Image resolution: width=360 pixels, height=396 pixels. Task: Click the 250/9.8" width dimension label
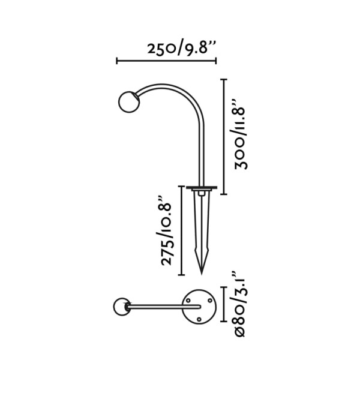tap(182, 48)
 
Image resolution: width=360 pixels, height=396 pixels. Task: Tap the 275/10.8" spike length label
tap(167, 230)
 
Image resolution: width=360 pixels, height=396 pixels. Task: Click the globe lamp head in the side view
tap(129, 102)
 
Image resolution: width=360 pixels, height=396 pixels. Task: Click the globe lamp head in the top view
tap(122, 307)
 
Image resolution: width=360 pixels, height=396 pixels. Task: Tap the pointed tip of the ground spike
tap(202, 274)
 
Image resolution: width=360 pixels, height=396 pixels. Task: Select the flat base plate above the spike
tap(202, 187)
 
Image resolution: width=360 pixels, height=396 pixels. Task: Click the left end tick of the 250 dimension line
tap(117, 61)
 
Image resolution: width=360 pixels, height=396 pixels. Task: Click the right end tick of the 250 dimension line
tap(216, 61)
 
